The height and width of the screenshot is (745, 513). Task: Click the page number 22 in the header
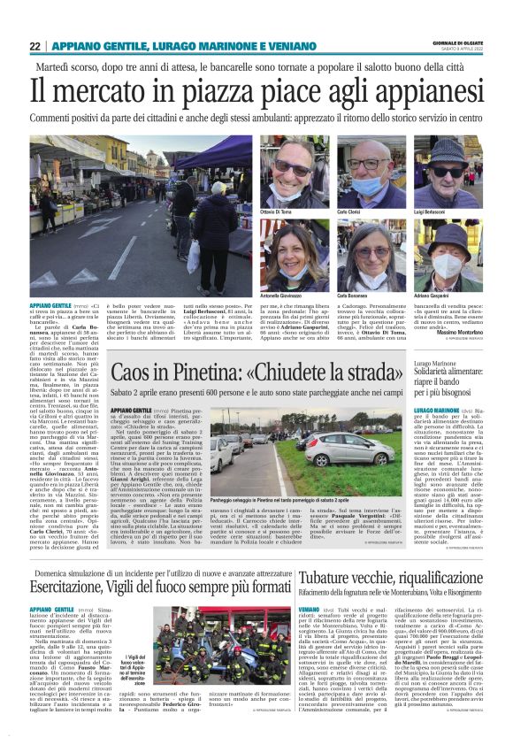tap(34, 46)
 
